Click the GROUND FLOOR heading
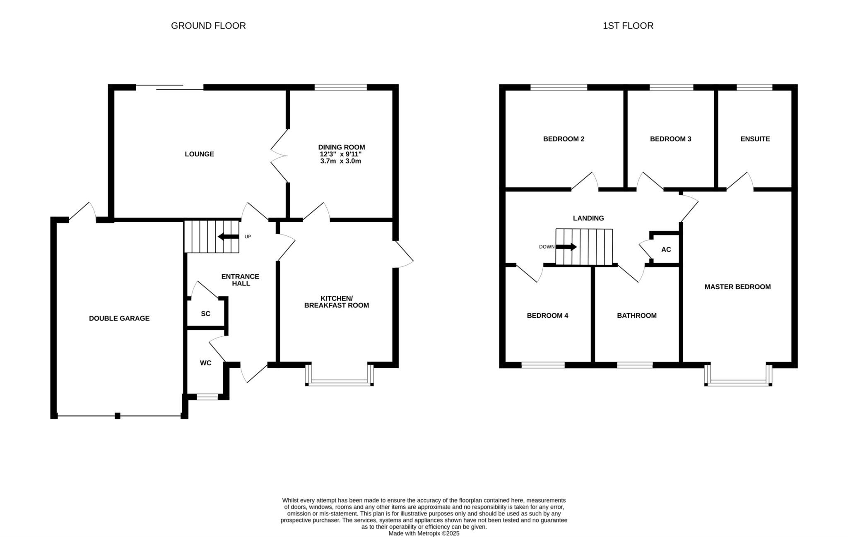(x=208, y=26)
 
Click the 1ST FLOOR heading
(x=628, y=26)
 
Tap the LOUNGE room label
(x=199, y=154)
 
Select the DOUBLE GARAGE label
(x=119, y=318)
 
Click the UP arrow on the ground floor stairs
(x=228, y=237)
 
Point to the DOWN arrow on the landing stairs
(x=566, y=247)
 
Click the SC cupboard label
(x=206, y=314)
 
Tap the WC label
(x=206, y=363)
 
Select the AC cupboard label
(x=666, y=249)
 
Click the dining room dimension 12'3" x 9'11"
(x=341, y=154)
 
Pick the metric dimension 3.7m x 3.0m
(x=341, y=161)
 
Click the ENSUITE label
(x=755, y=139)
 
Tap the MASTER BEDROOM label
(x=737, y=287)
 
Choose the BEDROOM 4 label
(x=547, y=316)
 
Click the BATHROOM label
(x=637, y=316)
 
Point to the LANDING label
(x=588, y=218)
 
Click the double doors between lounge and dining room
(x=279, y=156)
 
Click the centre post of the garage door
(x=118, y=416)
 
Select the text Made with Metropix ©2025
(x=424, y=534)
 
